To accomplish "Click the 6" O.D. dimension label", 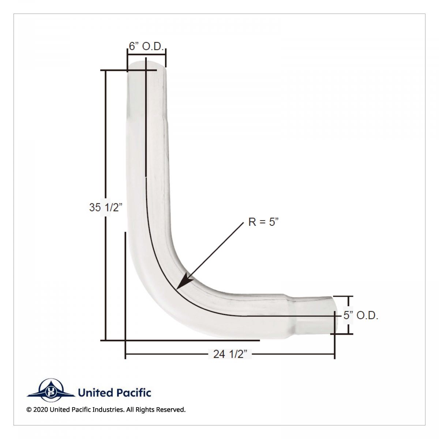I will tap(147, 46).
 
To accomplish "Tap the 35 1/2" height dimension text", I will tap(105, 207).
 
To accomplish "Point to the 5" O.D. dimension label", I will tap(361, 316).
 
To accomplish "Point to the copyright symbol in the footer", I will tap(29, 410).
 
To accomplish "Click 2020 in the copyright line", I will tap(40, 410).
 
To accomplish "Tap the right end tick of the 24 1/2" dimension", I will tap(334, 354).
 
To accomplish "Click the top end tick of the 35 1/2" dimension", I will tap(106, 70).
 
